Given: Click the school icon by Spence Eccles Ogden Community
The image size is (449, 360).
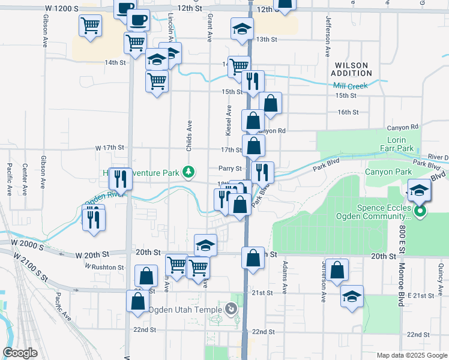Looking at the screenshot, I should click(x=419, y=192).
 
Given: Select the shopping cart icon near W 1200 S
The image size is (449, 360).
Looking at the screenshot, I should click(x=90, y=26).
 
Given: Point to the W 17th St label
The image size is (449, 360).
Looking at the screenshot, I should click(x=109, y=148).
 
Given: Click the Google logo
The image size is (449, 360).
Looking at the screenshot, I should click(x=20, y=353).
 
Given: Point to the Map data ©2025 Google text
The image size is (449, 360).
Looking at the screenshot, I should click(x=411, y=355).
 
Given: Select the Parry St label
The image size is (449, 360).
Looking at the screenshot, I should click(x=230, y=169).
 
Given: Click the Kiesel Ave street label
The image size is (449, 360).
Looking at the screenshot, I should click(x=229, y=120).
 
